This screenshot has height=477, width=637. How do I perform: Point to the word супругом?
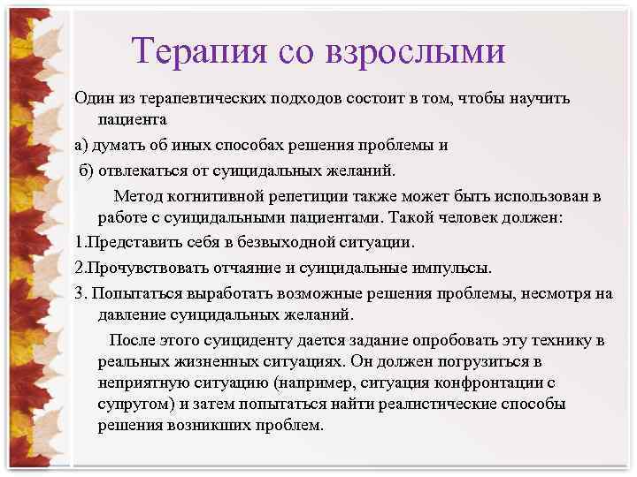click(134, 404)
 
